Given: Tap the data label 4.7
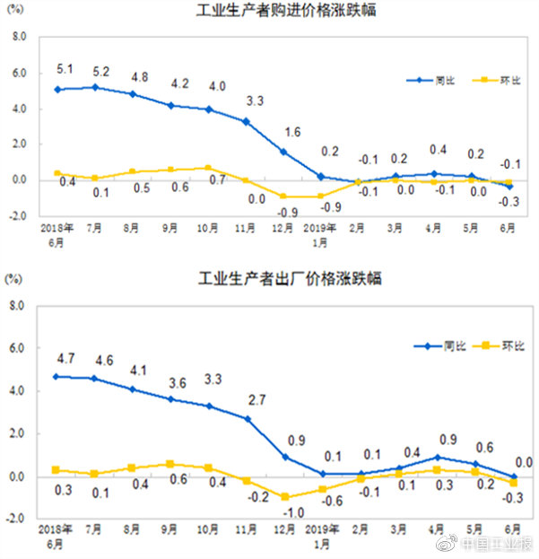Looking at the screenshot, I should tap(57, 359).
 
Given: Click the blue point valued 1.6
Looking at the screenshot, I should tap(283, 152).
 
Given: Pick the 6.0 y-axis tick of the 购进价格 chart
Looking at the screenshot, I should tap(19, 74).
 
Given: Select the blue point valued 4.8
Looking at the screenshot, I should tap(133, 93).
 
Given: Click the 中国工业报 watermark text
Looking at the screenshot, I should tap(499, 544).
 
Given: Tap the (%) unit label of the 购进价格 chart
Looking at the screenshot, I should tap(16, 12).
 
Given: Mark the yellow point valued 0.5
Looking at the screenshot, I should tap(133, 171).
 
